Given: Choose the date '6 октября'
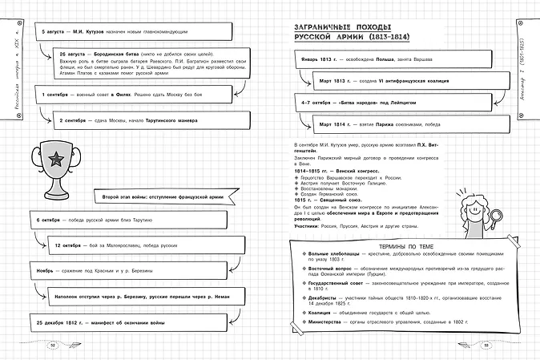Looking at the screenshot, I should click(50, 220).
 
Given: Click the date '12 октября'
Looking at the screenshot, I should click(71, 245).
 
